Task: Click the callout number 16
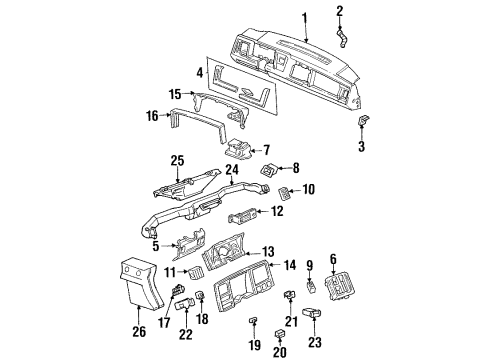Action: click(x=154, y=117)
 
